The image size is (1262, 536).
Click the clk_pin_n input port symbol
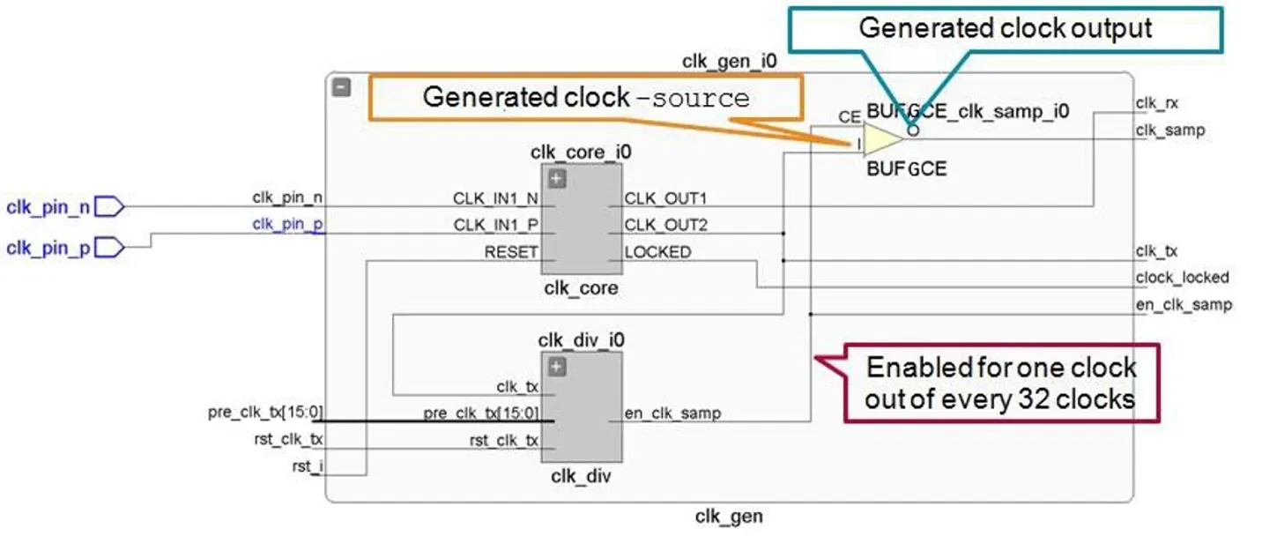pyautogui.click(x=109, y=207)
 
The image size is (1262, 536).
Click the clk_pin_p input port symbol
pyautogui.click(x=109, y=248)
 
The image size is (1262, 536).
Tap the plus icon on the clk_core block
pyautogui.click(x=556, y=179)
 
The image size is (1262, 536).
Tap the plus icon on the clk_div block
pyautogui.click(x=556, y=368)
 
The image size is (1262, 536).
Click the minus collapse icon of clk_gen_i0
pyautogui.click(x=342, y=87)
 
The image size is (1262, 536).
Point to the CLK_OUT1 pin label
pyautogui.click(x=665, y=197)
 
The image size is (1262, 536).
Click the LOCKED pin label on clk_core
pyautogui.click(x=657, y=252)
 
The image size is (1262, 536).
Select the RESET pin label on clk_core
pyautogui.click(x=510, y=252)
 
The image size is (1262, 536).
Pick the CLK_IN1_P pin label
pyautogui.click(x=494, y=225)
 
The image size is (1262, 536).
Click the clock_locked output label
pyautogui.click(x=1181, y=277)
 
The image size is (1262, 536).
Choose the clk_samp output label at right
pyautogui.click(x=1169, y=130)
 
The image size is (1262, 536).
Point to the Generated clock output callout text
pyautogui.click(x=1006, y=27)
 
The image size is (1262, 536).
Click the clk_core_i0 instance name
pyautogui.click(x=580, y=153)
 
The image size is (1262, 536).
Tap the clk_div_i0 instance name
pyautogui.click(x=580, y=340)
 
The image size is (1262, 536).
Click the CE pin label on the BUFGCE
pyautogui.click(x=850, y=115)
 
